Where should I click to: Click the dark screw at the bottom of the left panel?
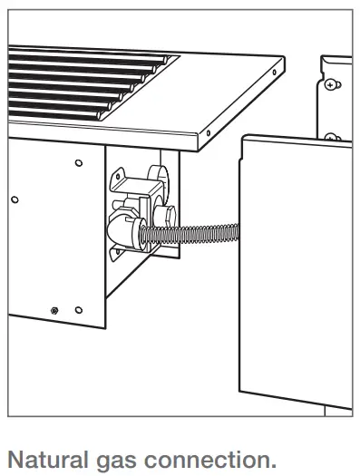(x=55, y=310)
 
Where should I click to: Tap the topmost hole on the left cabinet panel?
(x=78, y=162)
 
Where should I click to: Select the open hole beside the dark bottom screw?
(x=78, y=310)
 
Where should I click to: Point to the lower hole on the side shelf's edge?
(x=208, y=133)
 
